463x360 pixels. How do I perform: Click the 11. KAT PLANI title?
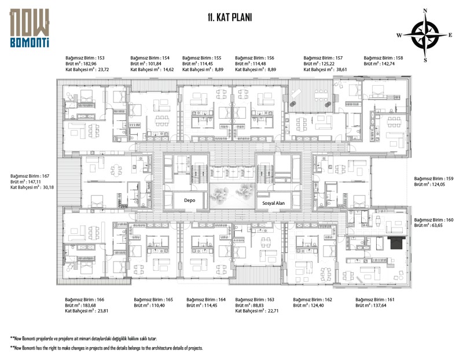(x=230, y=17)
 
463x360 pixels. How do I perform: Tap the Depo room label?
(x=190, y=200)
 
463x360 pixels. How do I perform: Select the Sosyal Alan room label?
(x=273, y=203)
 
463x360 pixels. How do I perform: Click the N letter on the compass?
(x=425, y=11)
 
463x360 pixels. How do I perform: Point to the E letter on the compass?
(x=450, y=35)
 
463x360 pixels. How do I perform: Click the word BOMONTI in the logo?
(x=30, y=42)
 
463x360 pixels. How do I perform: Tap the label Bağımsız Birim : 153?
(x=85, y=58)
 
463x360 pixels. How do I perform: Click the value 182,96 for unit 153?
(x=90, y=64)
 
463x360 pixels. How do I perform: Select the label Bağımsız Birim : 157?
(x=323, y=58)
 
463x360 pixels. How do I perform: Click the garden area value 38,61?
(x=341, y=69)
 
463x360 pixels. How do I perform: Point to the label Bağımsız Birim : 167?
(x=30, y=176)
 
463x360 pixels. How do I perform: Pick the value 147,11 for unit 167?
(x=34, y=182)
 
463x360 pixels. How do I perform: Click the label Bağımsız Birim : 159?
(x=433, y=179)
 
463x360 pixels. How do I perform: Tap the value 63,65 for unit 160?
(x=437, y=225)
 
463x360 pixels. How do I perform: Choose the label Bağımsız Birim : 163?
(x=255, y=299)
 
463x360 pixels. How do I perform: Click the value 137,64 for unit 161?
(x=380, y=306)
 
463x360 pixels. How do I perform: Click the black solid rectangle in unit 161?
(x=396, y=243)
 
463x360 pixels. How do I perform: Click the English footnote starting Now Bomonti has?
(x=106, y=348)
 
